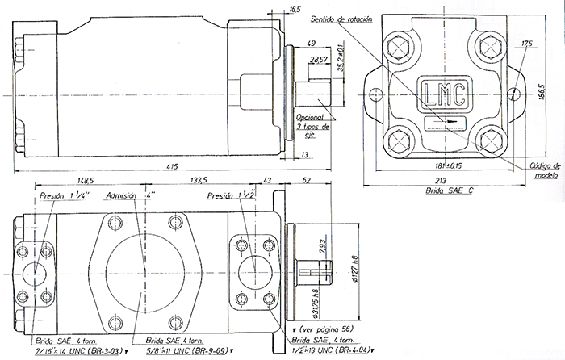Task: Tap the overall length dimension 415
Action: point(172,166)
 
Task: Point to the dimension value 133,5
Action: point(199,180)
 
